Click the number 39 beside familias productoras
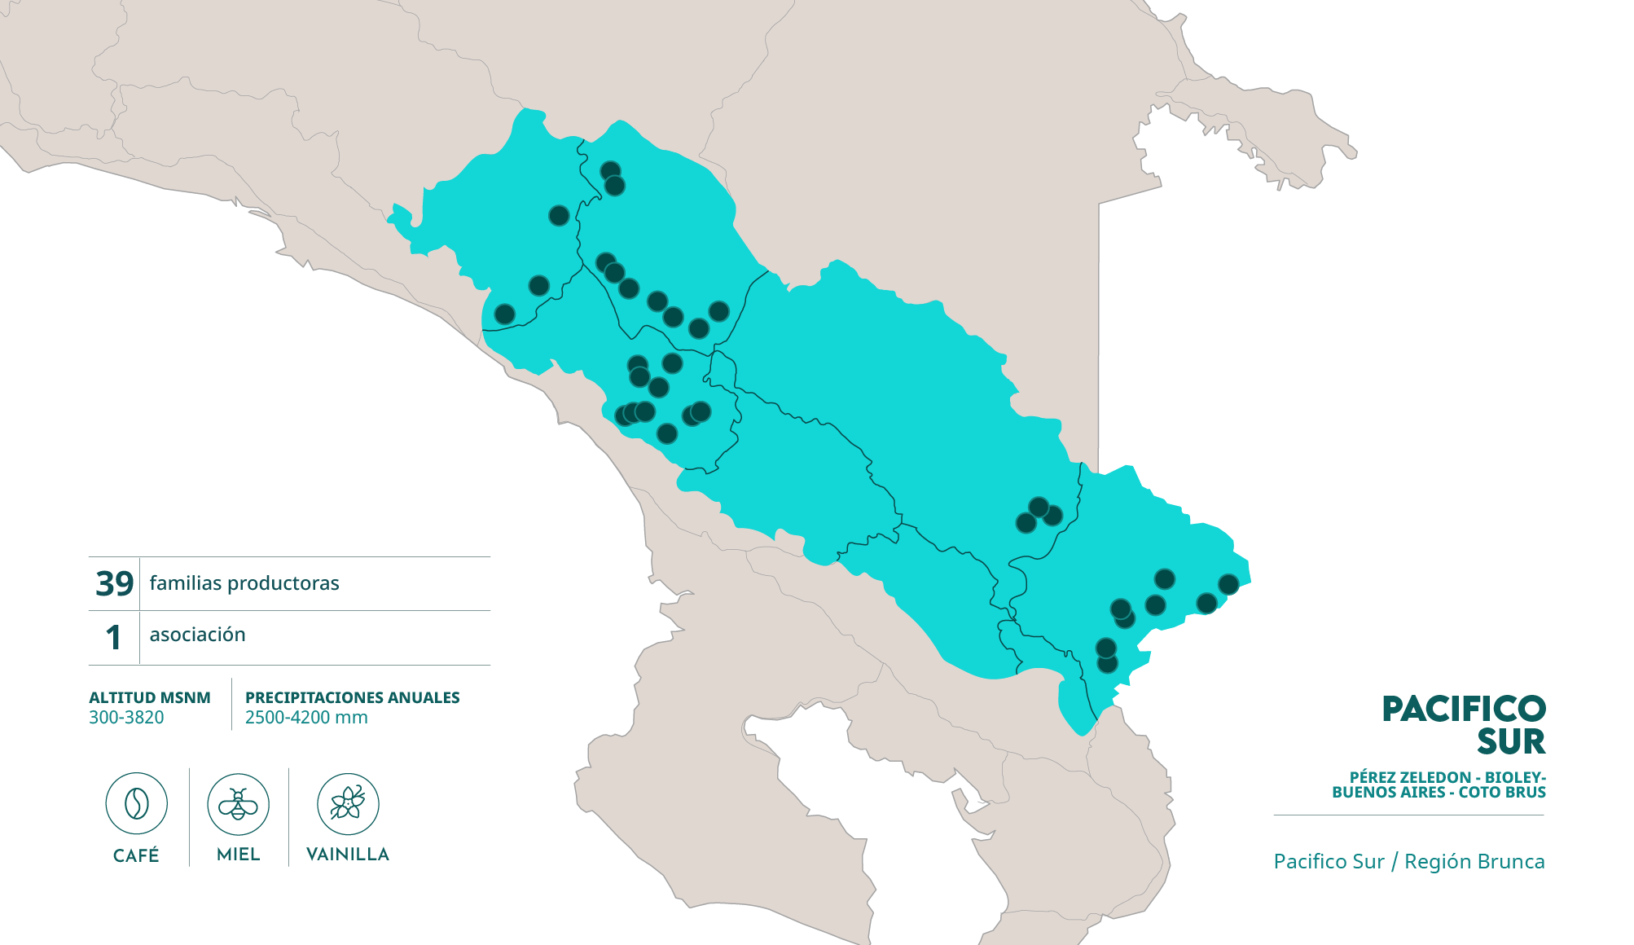114,583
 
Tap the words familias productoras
244,583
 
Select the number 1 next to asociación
114,637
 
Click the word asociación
197,635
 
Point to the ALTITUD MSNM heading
150,697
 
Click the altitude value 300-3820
126,718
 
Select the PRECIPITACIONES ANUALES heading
352,697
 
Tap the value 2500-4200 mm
306,718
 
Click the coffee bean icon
136,804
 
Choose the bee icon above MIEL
238,804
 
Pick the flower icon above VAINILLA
348,804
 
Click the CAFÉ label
136,855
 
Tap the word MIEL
238,854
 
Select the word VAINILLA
348,854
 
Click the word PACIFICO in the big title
1463,709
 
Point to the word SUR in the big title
1511,741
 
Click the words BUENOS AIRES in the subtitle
1388,792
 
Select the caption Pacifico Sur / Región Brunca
1408,861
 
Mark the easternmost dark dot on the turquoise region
1228,584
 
